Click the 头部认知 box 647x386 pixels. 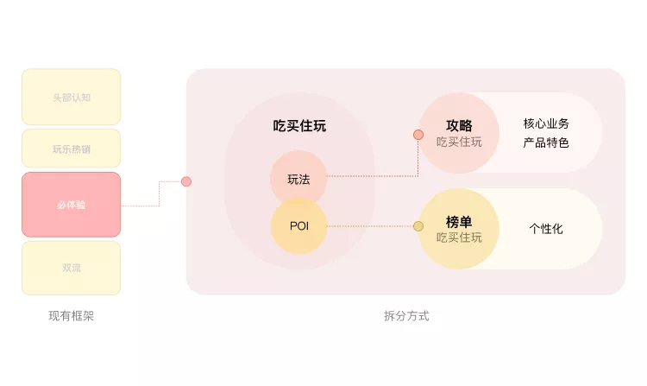coord(71,97)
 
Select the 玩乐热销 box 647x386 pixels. coord(71,149)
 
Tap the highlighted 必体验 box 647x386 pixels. coord(71,205)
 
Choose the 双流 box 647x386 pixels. coord(71,268)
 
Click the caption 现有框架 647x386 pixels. coord(71,316)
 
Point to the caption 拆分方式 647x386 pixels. coord(405,316)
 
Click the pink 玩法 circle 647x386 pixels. coord(298,179)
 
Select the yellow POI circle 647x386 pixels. coord(298,226)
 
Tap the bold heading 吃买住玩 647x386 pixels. coord(299,126)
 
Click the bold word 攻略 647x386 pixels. coord(459,125)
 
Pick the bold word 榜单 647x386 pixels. coord(459,221)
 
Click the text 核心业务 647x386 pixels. coord(546,123)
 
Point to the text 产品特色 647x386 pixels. coord(546,142)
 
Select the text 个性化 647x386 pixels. coord(546,229)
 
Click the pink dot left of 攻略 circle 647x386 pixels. coord(418,135)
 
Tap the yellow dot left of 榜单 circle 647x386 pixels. coord(418,226)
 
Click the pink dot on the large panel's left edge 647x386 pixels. coord(186,181)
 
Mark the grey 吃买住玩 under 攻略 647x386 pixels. coord(459,142)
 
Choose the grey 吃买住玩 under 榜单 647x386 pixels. coord(459,237)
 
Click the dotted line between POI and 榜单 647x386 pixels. coord(371,226)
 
